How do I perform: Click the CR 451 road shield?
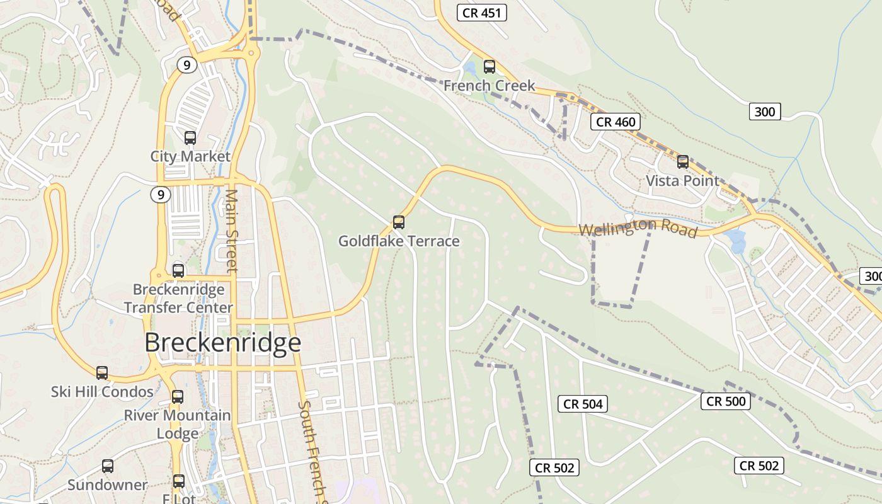482,13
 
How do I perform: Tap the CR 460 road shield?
616,122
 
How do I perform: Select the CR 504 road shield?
583,404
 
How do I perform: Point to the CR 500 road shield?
725,401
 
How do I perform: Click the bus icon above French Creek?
490,66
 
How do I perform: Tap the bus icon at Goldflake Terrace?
399,222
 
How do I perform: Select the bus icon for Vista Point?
683,162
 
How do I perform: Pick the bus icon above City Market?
190,137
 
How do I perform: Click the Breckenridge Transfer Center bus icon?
178,271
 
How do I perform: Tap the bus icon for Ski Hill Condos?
102,372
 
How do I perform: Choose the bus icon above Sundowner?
108,466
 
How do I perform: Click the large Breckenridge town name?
222,343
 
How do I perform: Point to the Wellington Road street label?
638,227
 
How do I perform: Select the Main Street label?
231,231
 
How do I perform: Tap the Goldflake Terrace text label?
399,241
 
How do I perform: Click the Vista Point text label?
682,181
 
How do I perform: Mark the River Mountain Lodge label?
178,425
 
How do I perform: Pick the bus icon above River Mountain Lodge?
178,397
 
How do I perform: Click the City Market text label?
190,156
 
